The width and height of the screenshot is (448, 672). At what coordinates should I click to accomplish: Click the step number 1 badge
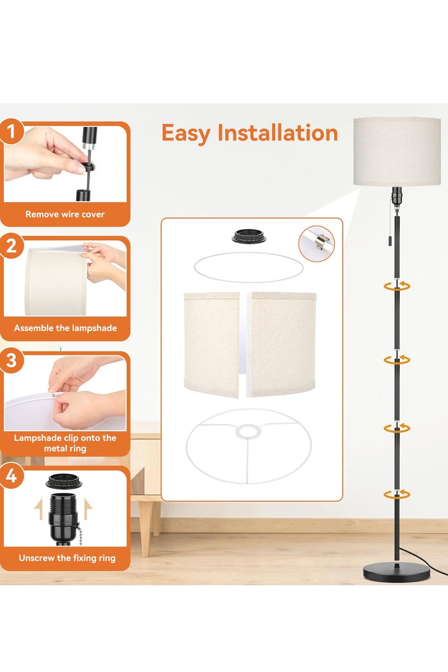click(x=11, y=132)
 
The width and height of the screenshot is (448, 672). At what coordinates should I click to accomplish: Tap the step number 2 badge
click(x=11, y=246)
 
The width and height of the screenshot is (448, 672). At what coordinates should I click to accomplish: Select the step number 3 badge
click(x=11, y=360)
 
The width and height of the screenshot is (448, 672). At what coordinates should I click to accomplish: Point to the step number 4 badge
click(x=11, y=476)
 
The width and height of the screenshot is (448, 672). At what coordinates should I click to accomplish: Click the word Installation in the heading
click(x=278, y=132)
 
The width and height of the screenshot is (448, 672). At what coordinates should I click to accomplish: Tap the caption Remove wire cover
click(x=65, y=214)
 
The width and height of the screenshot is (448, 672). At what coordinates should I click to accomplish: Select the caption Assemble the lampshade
click(x=65, y=328)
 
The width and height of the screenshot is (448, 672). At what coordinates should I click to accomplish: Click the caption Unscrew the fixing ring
click(x=67, y=558)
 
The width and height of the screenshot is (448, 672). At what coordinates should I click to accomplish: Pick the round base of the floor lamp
click(x=396, y=573)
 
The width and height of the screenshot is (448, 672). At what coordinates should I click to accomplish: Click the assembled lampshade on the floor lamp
click(x=397, y=152)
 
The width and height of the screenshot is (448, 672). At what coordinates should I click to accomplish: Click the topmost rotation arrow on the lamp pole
click(x=396, y=286)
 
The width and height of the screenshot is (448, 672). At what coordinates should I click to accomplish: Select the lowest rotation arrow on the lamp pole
click(x=396, y=494)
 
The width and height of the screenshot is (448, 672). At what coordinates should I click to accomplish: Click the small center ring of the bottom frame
click(x=248, y=431)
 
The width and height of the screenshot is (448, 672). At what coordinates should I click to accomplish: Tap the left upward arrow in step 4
click(x=39, y=509)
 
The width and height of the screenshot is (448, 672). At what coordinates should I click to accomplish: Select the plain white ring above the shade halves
click(x=249, y=267)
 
